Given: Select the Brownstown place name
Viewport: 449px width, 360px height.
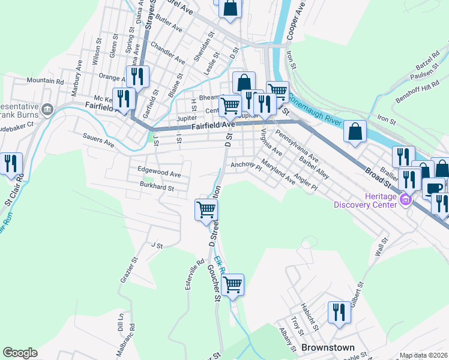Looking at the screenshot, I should tap(327, 347).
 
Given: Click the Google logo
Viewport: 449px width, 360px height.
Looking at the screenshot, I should tap(20, 353).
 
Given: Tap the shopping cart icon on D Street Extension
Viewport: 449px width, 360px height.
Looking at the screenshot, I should tap(206, 209).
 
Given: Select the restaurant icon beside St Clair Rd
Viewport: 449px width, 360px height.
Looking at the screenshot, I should tap(11, 163).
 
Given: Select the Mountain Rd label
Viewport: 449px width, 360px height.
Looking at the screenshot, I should tap(45, 80).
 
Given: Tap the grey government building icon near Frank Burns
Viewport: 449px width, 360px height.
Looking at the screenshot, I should tap(47, 109).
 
